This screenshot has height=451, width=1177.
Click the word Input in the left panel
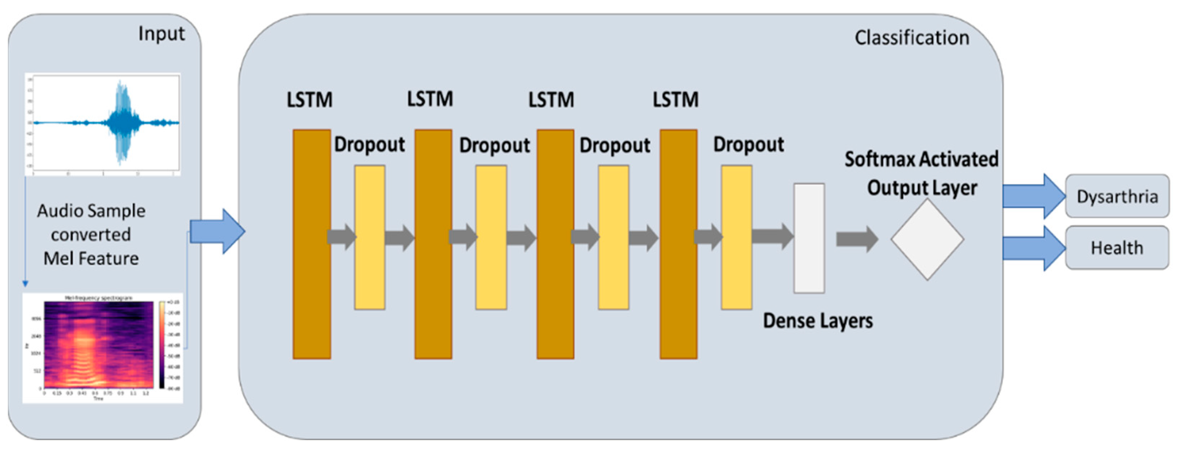pos(161,34)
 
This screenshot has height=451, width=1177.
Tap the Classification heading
pos(912,38)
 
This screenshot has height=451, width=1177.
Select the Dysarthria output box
pos(1117,197)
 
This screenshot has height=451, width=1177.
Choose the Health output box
pos(1117,248)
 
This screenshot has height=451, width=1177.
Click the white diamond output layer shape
pos(927,239)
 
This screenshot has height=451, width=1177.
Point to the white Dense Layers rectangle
pos(809,238)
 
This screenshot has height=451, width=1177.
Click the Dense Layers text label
pos(818,321)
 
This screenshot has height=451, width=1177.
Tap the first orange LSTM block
pos(312,244)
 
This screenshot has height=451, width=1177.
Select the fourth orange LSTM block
pos(678,244)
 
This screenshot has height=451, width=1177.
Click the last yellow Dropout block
pos(736,238)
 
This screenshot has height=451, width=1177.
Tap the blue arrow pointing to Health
pos(1033,248)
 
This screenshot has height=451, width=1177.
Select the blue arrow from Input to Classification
pos(217,231)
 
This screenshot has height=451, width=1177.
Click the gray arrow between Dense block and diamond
pos(856,239)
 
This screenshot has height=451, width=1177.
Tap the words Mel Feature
pos(91,259)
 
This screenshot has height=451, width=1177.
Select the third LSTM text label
pos(551,100)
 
